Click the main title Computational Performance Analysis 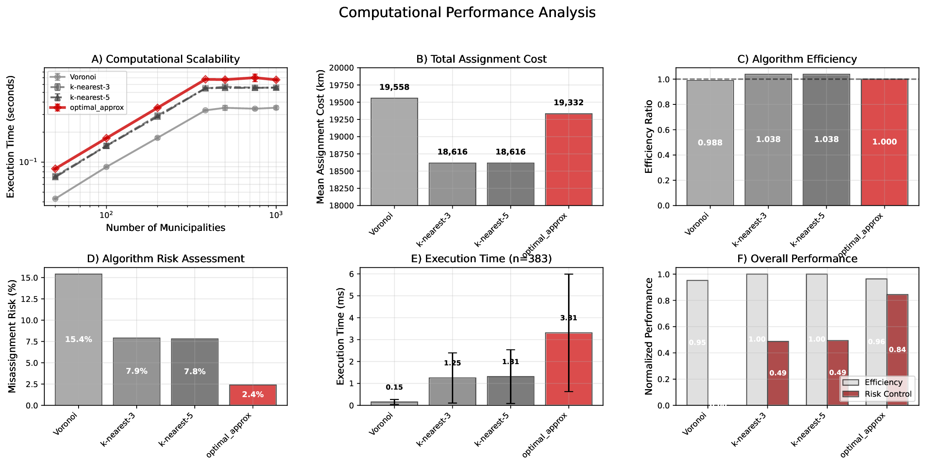pos(466,13)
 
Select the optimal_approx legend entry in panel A pos(97,108)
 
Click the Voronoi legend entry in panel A pos(83,77)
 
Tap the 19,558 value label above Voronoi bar pos(394,87)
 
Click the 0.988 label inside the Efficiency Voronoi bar pos(710,143)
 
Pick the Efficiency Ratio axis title pos(649,137)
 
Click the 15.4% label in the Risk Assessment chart pos(79,339)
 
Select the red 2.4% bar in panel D pos(252,395)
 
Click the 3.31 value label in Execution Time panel pos(568,318)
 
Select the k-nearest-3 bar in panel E pos(452,391)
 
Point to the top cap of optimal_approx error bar pos(568,274)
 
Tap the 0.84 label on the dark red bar pos(897,350)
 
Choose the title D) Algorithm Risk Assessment pos(166,259)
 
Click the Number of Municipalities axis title pos(166,228)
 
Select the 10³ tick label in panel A pos(276,215)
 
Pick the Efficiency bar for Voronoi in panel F pos(697,342)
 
